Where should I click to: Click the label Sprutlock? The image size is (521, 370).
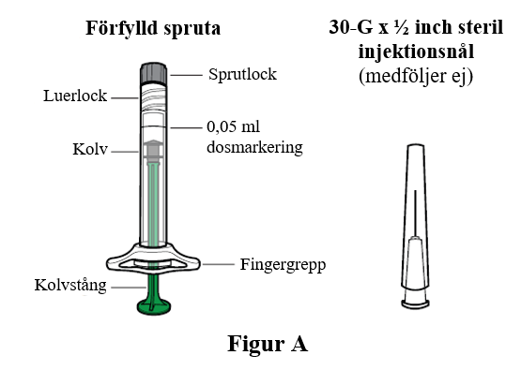[242, 74]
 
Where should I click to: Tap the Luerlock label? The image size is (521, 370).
[75, 96]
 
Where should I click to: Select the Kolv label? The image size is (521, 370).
[90, 149]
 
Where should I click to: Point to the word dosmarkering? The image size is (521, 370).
[254, 147]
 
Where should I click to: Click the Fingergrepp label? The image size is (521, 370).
[283, 265]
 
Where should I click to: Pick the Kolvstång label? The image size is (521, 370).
[70, 285]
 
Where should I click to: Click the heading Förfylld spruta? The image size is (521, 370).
[153, 28]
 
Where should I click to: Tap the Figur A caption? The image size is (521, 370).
[268, 344]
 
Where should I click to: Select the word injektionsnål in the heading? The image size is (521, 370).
[416, 52]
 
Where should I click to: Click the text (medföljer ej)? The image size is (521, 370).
[416, 76]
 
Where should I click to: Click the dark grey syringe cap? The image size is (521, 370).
[153, 73]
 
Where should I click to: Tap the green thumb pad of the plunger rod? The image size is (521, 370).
[154, 306]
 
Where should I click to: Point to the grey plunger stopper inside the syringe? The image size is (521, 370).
[153, 149]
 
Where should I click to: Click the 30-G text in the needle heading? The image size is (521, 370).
[351, 27]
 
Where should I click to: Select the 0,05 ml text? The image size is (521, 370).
[233, 127]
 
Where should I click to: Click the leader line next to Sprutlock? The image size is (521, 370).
[187, 76]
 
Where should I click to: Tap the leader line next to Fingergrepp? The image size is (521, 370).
[219, 264]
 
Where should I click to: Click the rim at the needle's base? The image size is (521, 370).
[415, 304]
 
